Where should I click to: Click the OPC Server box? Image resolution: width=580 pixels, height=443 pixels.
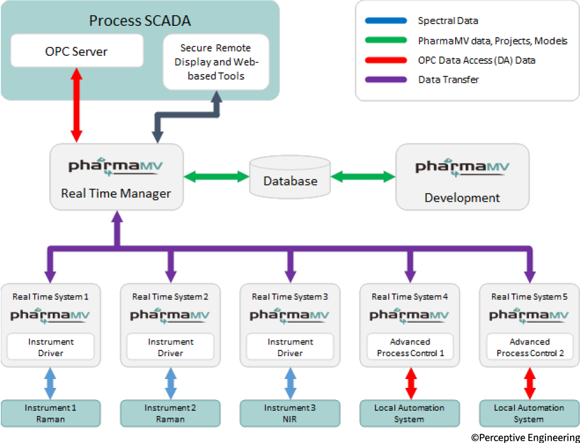click(x=77, y=50)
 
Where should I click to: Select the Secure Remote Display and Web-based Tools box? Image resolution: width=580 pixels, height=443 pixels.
click(x=215, y=62)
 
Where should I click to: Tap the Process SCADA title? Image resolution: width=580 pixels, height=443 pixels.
click(x=140, y=21)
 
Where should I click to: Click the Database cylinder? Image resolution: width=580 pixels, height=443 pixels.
click(x=290, y=177)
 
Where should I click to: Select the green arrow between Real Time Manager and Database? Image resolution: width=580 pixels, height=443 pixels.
click(x=216, y=175)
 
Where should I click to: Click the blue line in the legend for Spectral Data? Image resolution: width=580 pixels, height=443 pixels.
click(x=385, y=21)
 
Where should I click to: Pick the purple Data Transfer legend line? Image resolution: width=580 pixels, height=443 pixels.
click(x=385, y=79)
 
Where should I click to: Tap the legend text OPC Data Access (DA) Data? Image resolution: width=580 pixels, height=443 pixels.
click(x=476, y=60)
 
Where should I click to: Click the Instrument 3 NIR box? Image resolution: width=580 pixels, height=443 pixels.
click(x=290, y=413)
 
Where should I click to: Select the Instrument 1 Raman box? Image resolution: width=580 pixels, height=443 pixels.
click(x=50, y=413)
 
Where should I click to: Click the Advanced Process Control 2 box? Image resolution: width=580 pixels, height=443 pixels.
click(x=529, y=347)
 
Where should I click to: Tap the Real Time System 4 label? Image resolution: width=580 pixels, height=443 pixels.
click(x=409, y=297)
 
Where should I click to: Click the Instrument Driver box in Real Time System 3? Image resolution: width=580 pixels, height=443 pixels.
click(x=290, y=347)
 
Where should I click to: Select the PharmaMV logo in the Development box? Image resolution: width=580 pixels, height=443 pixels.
click(x=462, y=167)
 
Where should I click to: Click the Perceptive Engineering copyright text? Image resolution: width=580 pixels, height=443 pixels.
click(x=524, y=437)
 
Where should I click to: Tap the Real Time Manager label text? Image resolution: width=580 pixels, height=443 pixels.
click(x=116, y=193)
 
